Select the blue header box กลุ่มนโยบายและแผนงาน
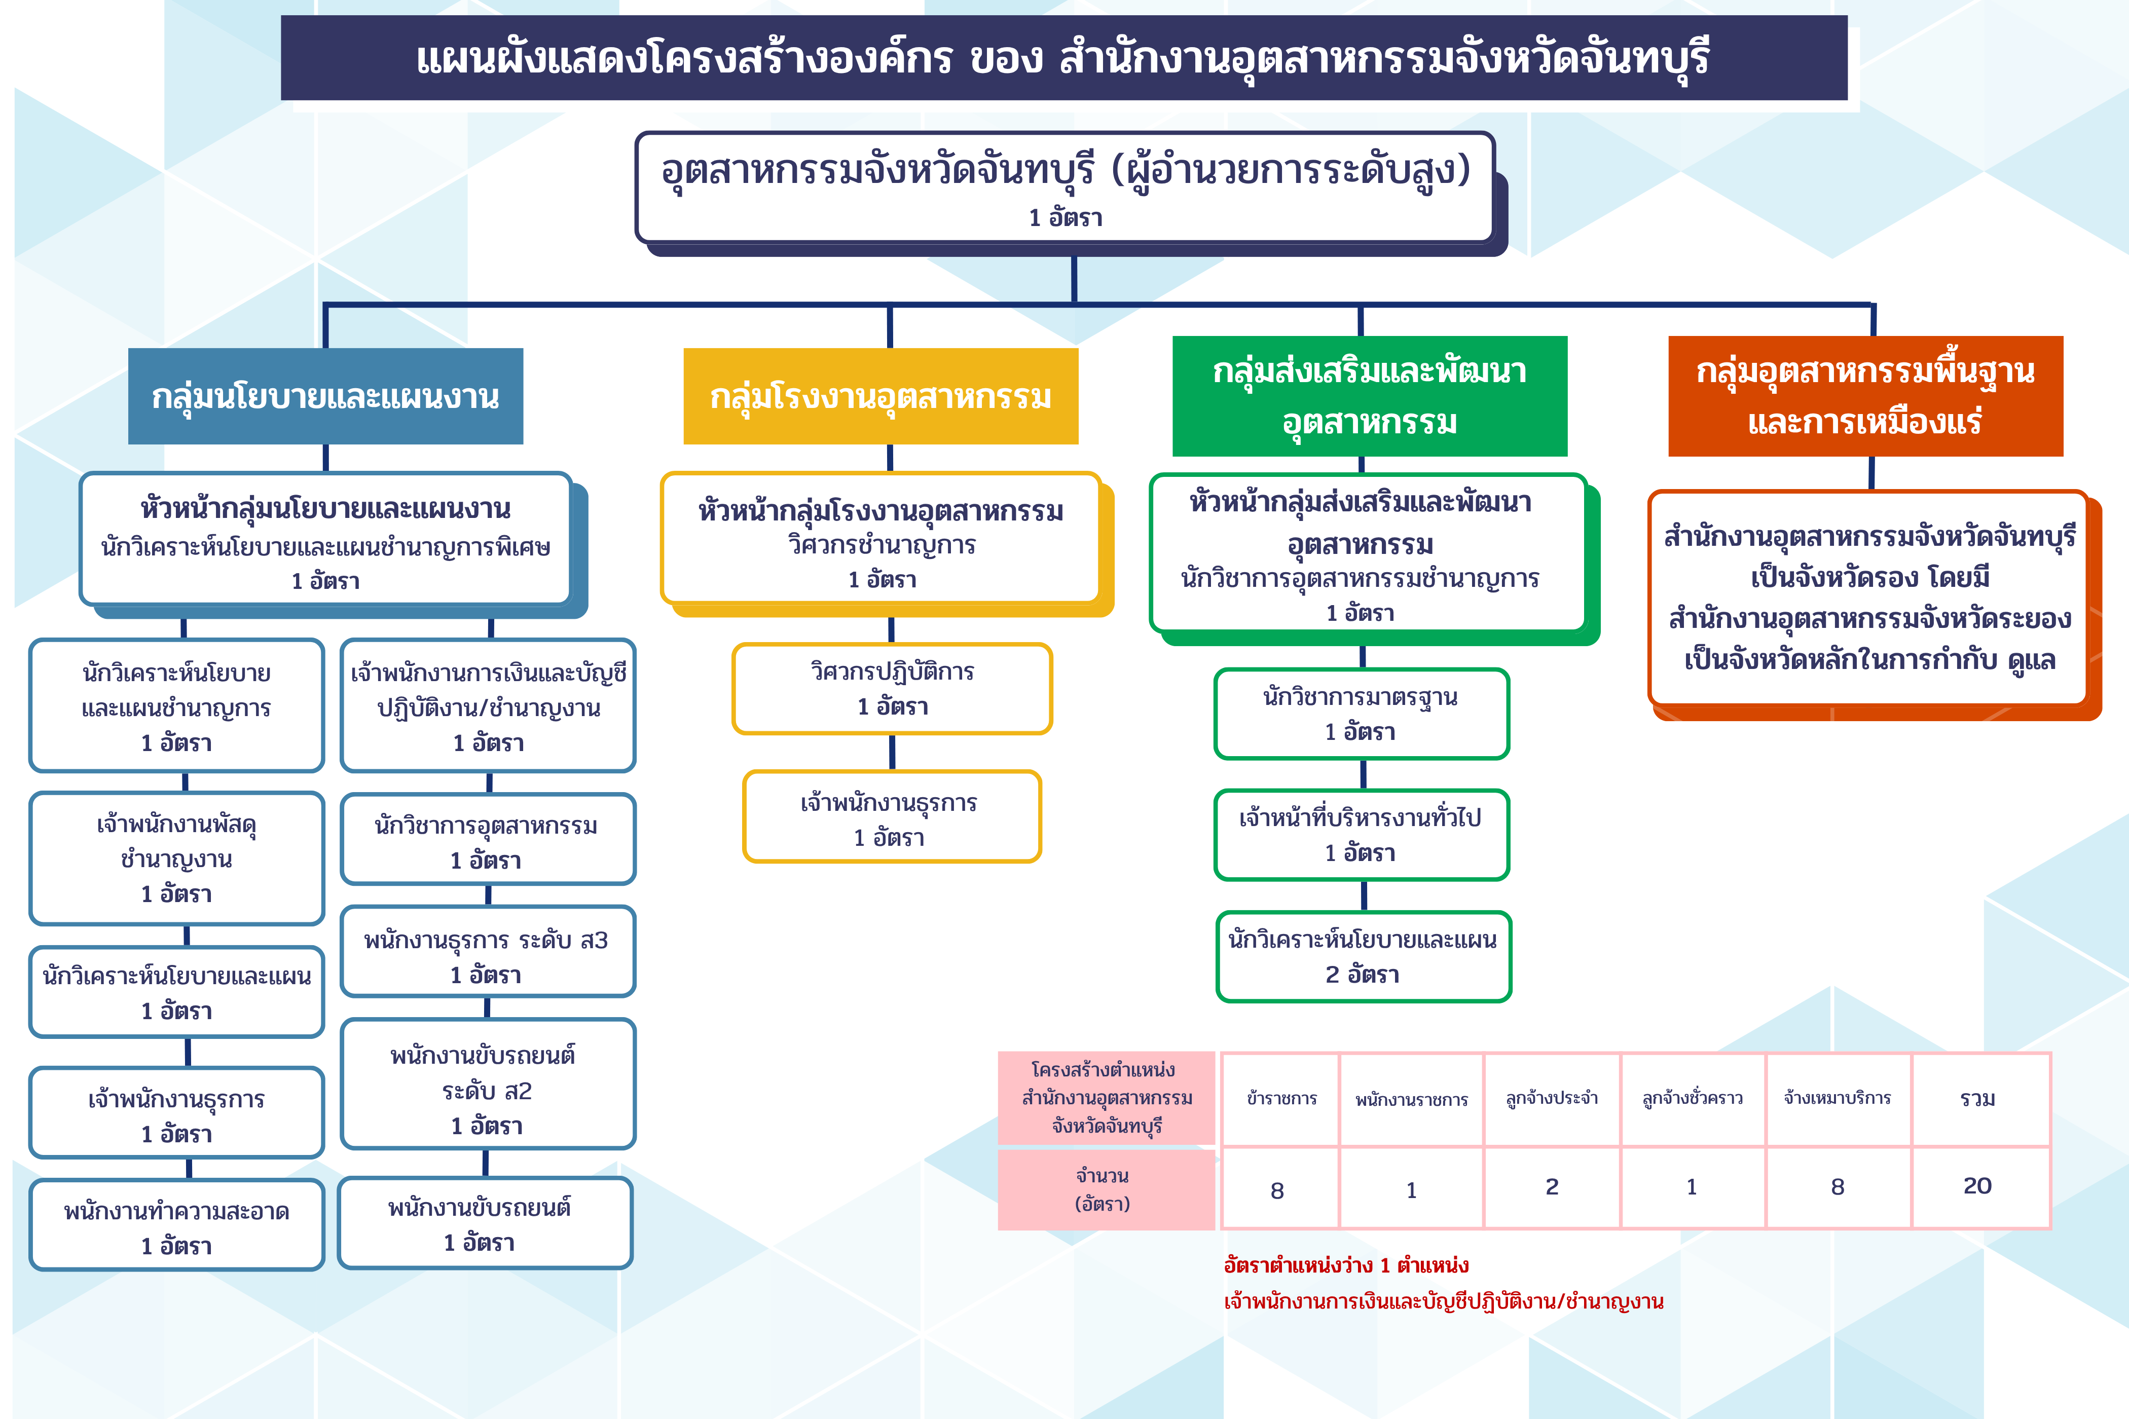(326, 396)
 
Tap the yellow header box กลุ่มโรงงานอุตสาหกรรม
(881, 396)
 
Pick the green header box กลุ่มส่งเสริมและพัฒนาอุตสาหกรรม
(1370, 396)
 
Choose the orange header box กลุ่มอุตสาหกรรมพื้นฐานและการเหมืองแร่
(1865, 396)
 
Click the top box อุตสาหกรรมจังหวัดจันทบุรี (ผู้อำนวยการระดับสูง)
(1064, 188)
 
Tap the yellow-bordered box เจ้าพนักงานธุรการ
(892, 817)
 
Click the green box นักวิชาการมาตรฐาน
(1362, 714)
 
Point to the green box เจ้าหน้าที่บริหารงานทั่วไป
(1362, 834)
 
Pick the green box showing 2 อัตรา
(1363, 957)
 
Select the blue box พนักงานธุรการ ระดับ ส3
(488, 951)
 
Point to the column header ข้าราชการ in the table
(1281, 1099)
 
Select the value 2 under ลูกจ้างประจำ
(1552, 1186)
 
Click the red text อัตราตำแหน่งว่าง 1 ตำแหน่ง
(1346, 1265)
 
